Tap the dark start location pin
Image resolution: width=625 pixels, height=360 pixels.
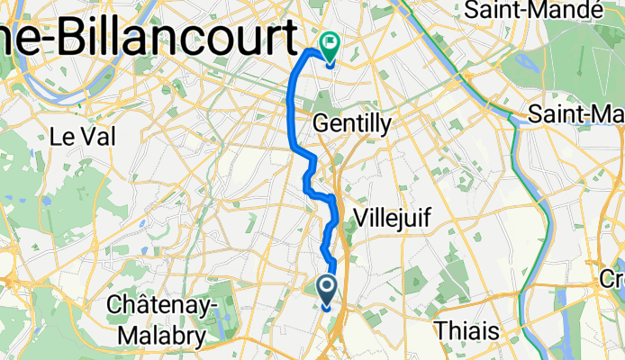click(x=326, y=288)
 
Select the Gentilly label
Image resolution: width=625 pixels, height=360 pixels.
click(x=351, y=122)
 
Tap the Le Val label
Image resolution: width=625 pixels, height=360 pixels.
click(x=74, y=137)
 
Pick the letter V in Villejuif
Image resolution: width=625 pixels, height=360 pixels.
click(x=362, y=217)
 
